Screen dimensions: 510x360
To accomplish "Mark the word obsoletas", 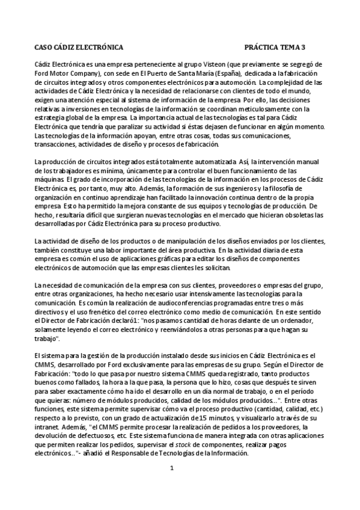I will point(307,215).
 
